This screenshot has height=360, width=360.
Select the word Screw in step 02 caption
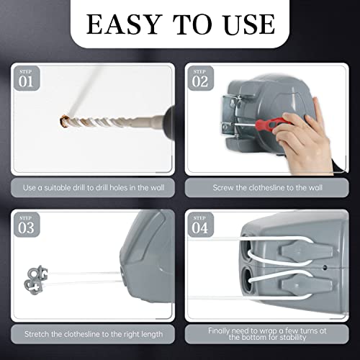pos(225,188)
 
